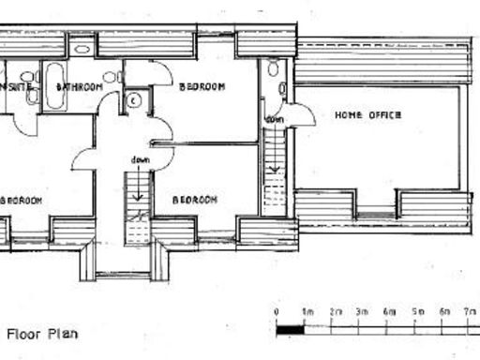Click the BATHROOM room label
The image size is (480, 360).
(x=79, y=87)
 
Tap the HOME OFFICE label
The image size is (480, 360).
(x=368, y=114)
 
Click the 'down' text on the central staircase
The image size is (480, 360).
(x=142, y=159)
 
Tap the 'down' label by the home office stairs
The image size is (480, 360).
(x=275, y=120)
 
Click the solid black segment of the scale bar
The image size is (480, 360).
(x=290, y=329)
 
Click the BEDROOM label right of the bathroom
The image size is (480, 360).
(x=202, y=87)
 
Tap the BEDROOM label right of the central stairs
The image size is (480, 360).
(x=195, y=200)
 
